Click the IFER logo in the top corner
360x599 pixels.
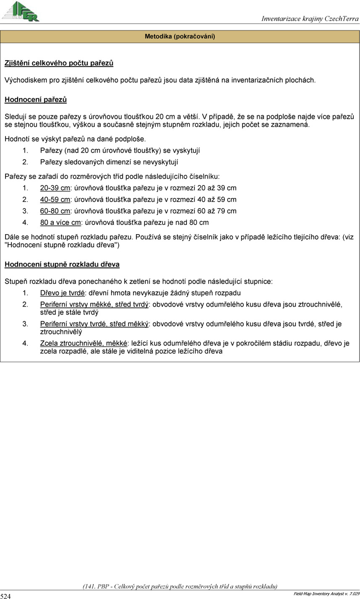pos(21,11)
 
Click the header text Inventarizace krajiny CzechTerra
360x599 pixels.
pos(310,18)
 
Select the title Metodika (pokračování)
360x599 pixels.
pos(180,37)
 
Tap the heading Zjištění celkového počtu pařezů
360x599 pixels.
pos(59,63)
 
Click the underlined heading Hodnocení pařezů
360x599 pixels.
pos(36,100)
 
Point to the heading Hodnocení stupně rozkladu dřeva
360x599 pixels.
pos(62,264)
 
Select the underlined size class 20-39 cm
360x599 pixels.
pos(55,188)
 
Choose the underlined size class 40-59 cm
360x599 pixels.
pos(55,200)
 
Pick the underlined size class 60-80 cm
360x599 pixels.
pos(55,211)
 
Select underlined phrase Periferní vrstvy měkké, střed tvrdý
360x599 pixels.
pos(95,304)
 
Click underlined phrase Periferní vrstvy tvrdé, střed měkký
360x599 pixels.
pos(95,324)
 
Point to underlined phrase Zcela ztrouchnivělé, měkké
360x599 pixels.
pos(84,343)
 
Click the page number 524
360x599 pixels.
pos(6,596)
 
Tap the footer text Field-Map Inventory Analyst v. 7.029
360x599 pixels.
pos(326,593)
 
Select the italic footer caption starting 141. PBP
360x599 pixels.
pos(180,586)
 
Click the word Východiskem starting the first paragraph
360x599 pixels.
pos(24,79)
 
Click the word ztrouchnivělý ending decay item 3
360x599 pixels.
pos(61,332)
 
